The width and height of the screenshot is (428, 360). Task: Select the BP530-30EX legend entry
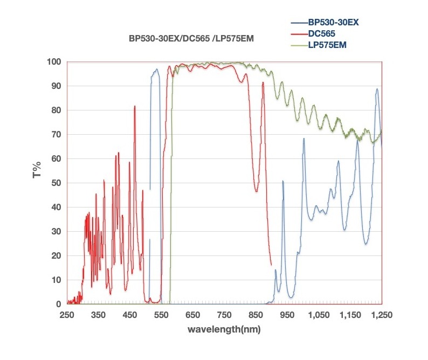point(333,24)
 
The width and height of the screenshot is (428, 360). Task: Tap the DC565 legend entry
point(322,34)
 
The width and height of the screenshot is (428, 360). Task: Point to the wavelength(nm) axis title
point(224,329)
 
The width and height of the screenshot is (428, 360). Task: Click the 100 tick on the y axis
point(54,62)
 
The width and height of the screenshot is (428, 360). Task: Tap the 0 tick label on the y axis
point(59,304)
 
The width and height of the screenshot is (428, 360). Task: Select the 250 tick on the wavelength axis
point(67,315)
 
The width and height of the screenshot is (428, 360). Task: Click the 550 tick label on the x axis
point(161,315)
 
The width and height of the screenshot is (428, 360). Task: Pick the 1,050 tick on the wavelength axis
point(319,315)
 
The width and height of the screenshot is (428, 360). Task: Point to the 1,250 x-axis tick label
point(382,315)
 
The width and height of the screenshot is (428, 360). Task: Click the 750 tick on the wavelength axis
point(224,315)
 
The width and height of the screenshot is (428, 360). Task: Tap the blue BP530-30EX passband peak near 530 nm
point(156,70)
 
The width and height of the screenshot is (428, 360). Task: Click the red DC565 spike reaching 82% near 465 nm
point(135,106)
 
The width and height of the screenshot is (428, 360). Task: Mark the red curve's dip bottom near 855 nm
point(257,191)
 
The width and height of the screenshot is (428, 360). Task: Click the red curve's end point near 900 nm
point(271,264)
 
